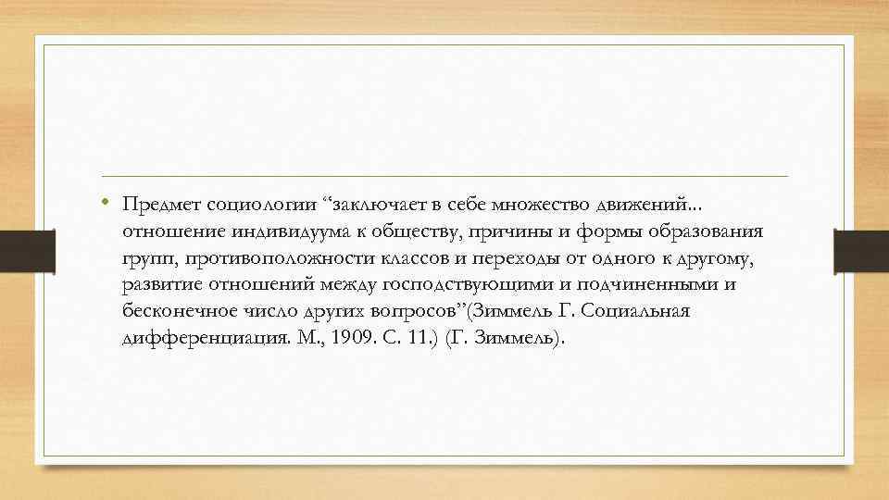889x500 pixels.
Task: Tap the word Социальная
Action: coord(640,311)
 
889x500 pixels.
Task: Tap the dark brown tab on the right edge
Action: coord(861,250)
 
